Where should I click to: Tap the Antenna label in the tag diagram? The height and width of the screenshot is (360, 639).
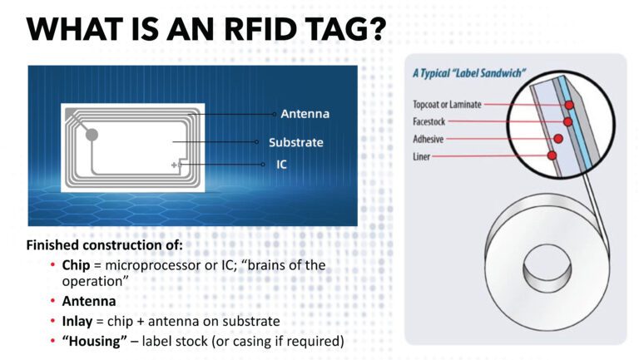tap(305, 114)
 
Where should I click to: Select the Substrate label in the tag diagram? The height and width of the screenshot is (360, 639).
tap(295, 142)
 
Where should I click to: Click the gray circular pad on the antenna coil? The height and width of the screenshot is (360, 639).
tap(92, 134)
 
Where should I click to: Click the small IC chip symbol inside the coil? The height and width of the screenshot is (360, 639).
tap(176, 165)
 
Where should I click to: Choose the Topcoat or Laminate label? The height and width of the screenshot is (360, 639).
tap(447, 105)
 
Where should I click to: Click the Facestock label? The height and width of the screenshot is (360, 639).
tap(431, 121)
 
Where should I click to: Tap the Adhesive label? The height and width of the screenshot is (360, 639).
tap(429, 139)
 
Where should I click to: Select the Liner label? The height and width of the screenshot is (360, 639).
tap(423, 156)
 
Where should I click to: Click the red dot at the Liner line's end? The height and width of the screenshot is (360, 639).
tap(551, 155)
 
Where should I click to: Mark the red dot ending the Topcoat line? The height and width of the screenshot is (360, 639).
tap(569, 106)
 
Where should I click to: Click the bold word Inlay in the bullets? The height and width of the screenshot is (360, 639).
tap(77, 321)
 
